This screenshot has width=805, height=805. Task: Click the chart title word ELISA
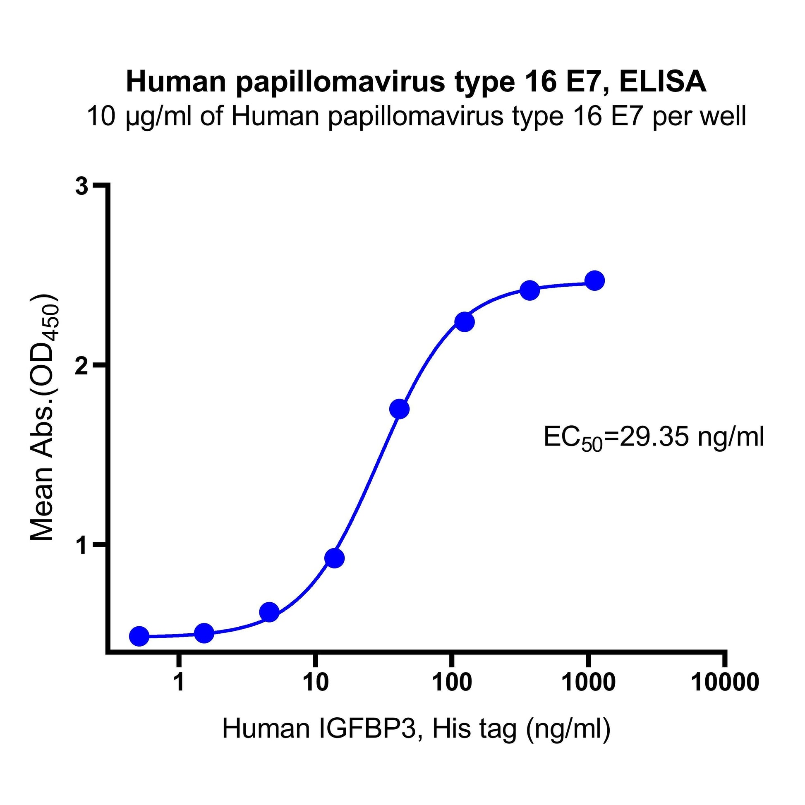[x=663, y=82]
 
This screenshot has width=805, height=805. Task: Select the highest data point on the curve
[x=594, y=281]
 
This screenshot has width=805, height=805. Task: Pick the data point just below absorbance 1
[x=334, y=558]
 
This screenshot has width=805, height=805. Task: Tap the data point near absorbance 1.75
[x=399, y=409]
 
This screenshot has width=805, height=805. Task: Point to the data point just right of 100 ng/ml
[x=464, y=322]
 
